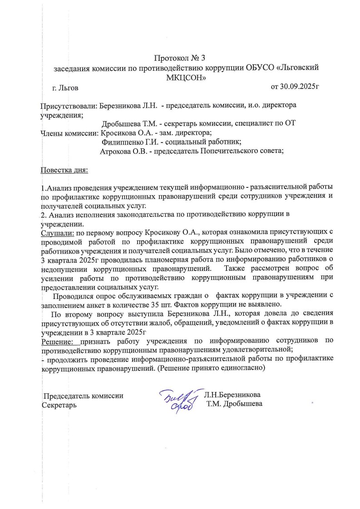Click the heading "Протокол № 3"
click(180, 58)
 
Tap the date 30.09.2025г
click(295, 86)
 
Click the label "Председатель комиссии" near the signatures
click(83, 396)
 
